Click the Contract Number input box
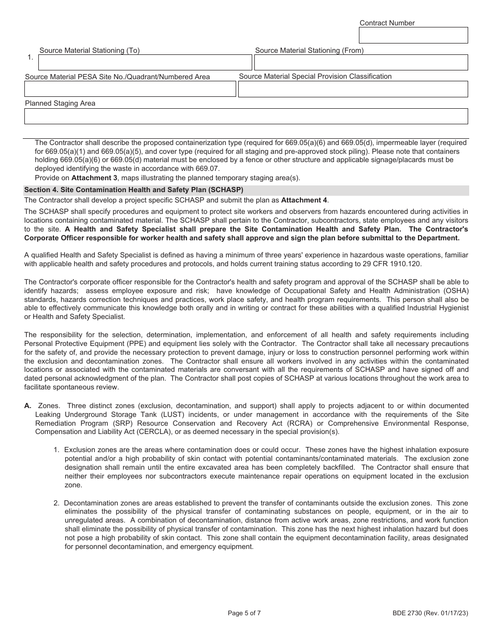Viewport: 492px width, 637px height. tap(413, 35)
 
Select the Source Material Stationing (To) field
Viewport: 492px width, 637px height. tap(145, 63)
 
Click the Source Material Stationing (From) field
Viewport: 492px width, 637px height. tap(360, 63)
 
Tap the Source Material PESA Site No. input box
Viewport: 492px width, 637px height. tap(130, 89)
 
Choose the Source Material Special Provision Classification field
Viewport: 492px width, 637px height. tap(353, 89)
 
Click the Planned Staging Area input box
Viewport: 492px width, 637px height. tap(246, 116)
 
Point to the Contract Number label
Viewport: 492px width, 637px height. tap(387, 23)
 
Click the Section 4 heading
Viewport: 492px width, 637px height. tap(134, 190)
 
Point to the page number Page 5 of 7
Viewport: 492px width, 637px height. tap(244, 613)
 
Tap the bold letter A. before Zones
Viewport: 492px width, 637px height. tap(28, 406)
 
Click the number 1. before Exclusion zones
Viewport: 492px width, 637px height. tap(57, 450)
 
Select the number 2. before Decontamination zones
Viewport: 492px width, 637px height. tap(57, 503)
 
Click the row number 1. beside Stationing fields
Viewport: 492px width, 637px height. tap(31, 57)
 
